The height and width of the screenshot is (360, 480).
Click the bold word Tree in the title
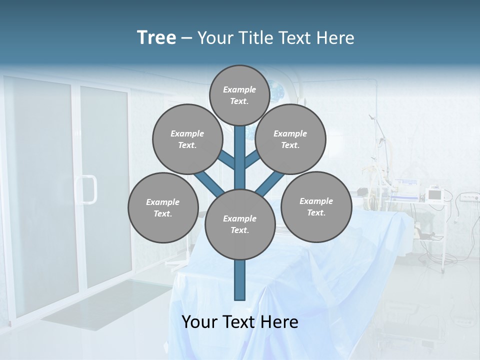click(156, 37)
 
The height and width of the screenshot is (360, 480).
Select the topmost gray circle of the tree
click(239, 95)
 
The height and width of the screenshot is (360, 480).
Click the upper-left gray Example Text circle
click(187, 139)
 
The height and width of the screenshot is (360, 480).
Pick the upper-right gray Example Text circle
click(290, 139)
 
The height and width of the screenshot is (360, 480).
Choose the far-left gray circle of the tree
click(162, 207)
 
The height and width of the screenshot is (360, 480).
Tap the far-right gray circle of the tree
click(316, 206)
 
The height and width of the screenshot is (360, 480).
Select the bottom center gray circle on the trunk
click(239, 224)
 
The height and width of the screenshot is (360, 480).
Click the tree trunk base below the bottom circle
click(239, 280)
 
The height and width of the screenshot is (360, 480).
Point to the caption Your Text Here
click(239, 321)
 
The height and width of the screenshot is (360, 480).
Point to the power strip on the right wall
click(468, 197)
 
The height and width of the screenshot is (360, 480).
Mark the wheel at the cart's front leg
click(442, 270)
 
